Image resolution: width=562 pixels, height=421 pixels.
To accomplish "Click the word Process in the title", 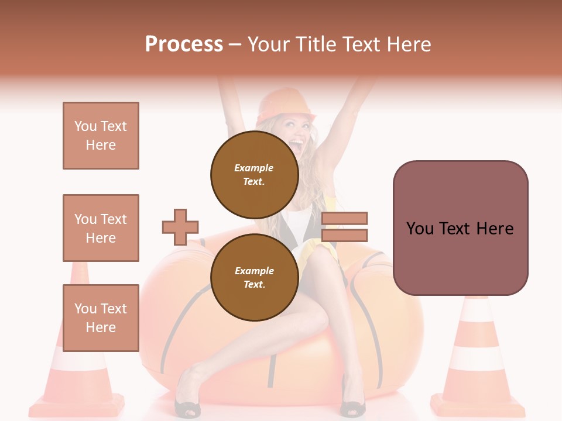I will coord(184,44).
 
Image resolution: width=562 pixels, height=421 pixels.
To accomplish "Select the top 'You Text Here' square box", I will coord(101,136).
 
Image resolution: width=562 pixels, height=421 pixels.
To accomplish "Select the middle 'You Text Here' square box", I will coord(101,228).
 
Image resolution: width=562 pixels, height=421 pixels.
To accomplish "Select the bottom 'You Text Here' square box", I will coord(101,318).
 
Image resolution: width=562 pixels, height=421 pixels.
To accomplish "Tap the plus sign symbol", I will coord(180,227).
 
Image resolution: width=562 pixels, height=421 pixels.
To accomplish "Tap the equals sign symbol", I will coord(344,227).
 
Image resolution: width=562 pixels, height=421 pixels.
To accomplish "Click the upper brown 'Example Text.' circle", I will coord(254,174).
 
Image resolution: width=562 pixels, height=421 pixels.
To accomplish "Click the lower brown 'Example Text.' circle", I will coord(254,277).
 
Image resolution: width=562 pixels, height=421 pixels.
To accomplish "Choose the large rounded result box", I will coord(460,228).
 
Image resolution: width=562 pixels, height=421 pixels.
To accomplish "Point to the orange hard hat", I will coord(286,104).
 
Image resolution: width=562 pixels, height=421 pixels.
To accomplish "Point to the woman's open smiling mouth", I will coord(297,143).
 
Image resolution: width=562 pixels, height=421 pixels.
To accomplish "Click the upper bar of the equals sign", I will coord(344,218).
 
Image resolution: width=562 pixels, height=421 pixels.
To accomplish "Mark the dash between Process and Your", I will coord(235,44).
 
